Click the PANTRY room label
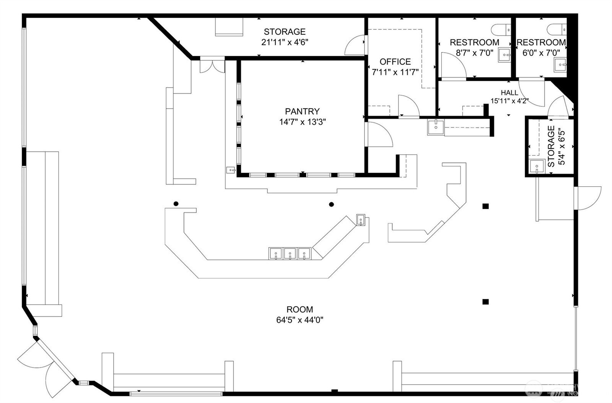pyautogui.click(x=302, y=111)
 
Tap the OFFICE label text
pyautogui.click(x=395, y=62)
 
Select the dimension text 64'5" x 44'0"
pyautogui.click(x=300, y=320)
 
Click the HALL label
pyautogui.click(x=509, y=93)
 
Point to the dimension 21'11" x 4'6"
pyautogui.click(x=285, y=42)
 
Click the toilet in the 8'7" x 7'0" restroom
pyautogui.click(x=502, y=29)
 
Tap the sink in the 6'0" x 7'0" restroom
pyautogui.click(x=560, y=65)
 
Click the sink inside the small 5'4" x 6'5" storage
pyautogui.click(x=536, y=167)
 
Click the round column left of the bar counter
pyautogui.click(x=176, y=204)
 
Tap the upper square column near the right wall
pyautogui.click(x=485, y=206)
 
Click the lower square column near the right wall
pyautogui.click(x=485, y=302)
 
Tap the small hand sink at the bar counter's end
pyautogui.click(x=361, y=220)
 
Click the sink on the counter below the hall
pyautogui.click(x=435, y=127)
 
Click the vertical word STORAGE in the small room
pyautogui.click(x=551, y=147)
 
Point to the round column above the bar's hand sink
pyautogui.click(x=332, y=204)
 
